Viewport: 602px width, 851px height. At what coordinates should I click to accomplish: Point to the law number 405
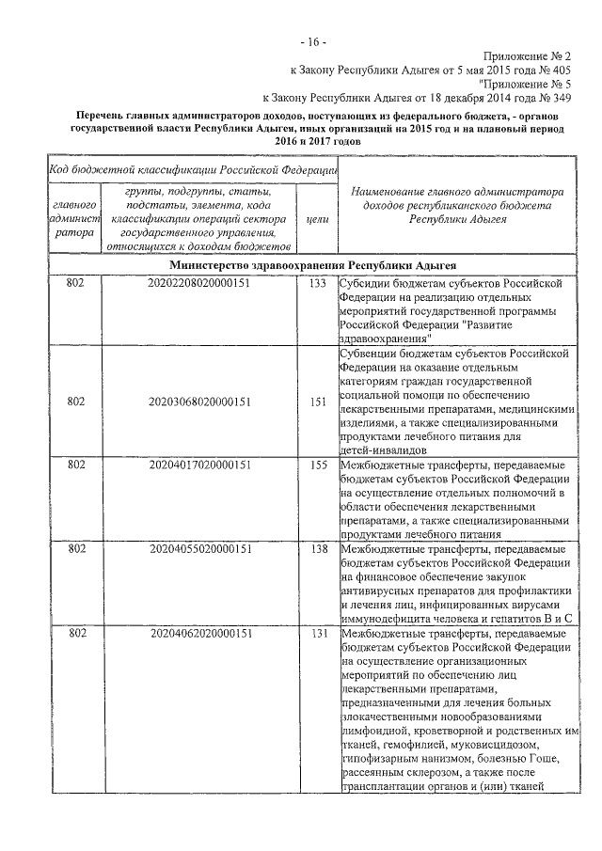tap(558, 69)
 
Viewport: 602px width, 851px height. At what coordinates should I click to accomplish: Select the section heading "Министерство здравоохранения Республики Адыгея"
tap(319, 265)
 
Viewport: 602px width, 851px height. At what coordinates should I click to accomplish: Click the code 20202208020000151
tap(199, 282)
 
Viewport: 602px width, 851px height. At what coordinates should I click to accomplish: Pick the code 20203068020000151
tap(199, 402)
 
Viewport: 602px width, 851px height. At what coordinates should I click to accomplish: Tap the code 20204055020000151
tap(199, 548)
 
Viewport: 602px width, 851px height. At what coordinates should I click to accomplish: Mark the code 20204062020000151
tap(199, 634)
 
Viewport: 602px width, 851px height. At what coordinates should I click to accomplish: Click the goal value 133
tap(318, 282)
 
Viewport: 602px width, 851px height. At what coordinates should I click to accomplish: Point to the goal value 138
tap(318, 548)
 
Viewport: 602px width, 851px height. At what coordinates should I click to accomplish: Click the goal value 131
tap(318, 634)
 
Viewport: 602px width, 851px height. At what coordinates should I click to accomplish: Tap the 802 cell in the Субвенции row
tap(76, 402)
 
